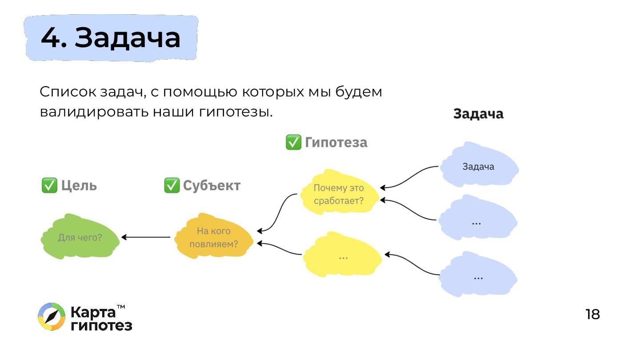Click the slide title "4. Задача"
(111, 38)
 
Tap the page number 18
(592, 315)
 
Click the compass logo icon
(52, 317)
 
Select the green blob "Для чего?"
(80, 237)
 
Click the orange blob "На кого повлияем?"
(214, 237)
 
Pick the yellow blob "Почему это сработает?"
(339, 194)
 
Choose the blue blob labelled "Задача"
(478, 167)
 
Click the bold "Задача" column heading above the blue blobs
(478, 114)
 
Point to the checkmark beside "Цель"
(49, 185)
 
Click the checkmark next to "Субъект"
(172, 185)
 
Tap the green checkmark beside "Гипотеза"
(293, 142)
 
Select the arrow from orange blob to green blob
(146, 237)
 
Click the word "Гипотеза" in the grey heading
(336, 142)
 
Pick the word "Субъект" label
(212, 185)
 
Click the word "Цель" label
(79, 185)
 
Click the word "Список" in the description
(67, 92)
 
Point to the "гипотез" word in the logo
(101, 325)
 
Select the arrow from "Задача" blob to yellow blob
(409, 176)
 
